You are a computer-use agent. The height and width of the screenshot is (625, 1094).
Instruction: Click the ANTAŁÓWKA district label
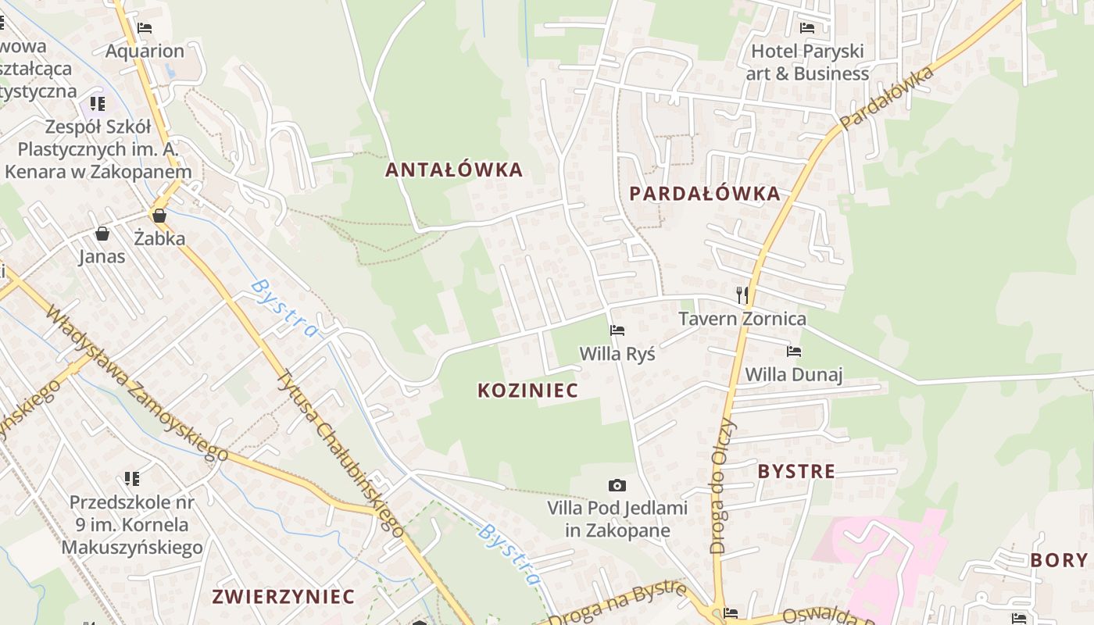pos(454,170)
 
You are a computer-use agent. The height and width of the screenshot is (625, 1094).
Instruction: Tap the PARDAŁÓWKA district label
pos(705,194)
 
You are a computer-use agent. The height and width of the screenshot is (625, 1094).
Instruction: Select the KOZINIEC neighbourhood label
pos(527,391)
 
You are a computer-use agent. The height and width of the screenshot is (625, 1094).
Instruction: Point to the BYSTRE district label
pos(796,471)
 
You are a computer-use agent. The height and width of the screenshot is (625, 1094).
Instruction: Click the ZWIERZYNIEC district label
pos(283,597)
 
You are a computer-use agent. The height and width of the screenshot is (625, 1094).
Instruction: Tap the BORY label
pos(1059,560)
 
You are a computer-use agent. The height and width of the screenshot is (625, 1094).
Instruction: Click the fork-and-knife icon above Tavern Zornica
pos(742,295)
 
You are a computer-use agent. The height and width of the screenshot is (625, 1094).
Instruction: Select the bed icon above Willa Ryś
pos(617,330)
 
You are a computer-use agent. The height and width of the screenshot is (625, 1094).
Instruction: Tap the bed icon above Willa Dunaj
pos(794,352)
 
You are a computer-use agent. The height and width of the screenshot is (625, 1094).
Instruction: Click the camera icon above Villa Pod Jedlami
pos(617,486)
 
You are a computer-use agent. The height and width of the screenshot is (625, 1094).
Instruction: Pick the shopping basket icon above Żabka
pos(159,216)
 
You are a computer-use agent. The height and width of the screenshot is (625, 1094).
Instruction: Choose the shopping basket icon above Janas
pos(102,234)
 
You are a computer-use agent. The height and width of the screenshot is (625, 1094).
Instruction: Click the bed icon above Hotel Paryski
pos(807,28)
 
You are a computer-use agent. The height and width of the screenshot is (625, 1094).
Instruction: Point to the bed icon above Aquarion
pos(145,28)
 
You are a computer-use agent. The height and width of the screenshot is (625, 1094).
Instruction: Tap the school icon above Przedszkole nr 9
pos(132,478)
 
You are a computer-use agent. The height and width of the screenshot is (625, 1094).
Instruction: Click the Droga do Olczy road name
pos(723,486)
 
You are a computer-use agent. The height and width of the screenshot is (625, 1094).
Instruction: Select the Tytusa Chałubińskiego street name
pos(340,453)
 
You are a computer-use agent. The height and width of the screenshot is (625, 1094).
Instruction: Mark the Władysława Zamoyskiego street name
pos(137,383)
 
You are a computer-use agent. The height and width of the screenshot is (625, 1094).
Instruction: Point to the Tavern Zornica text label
pos(742,319)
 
